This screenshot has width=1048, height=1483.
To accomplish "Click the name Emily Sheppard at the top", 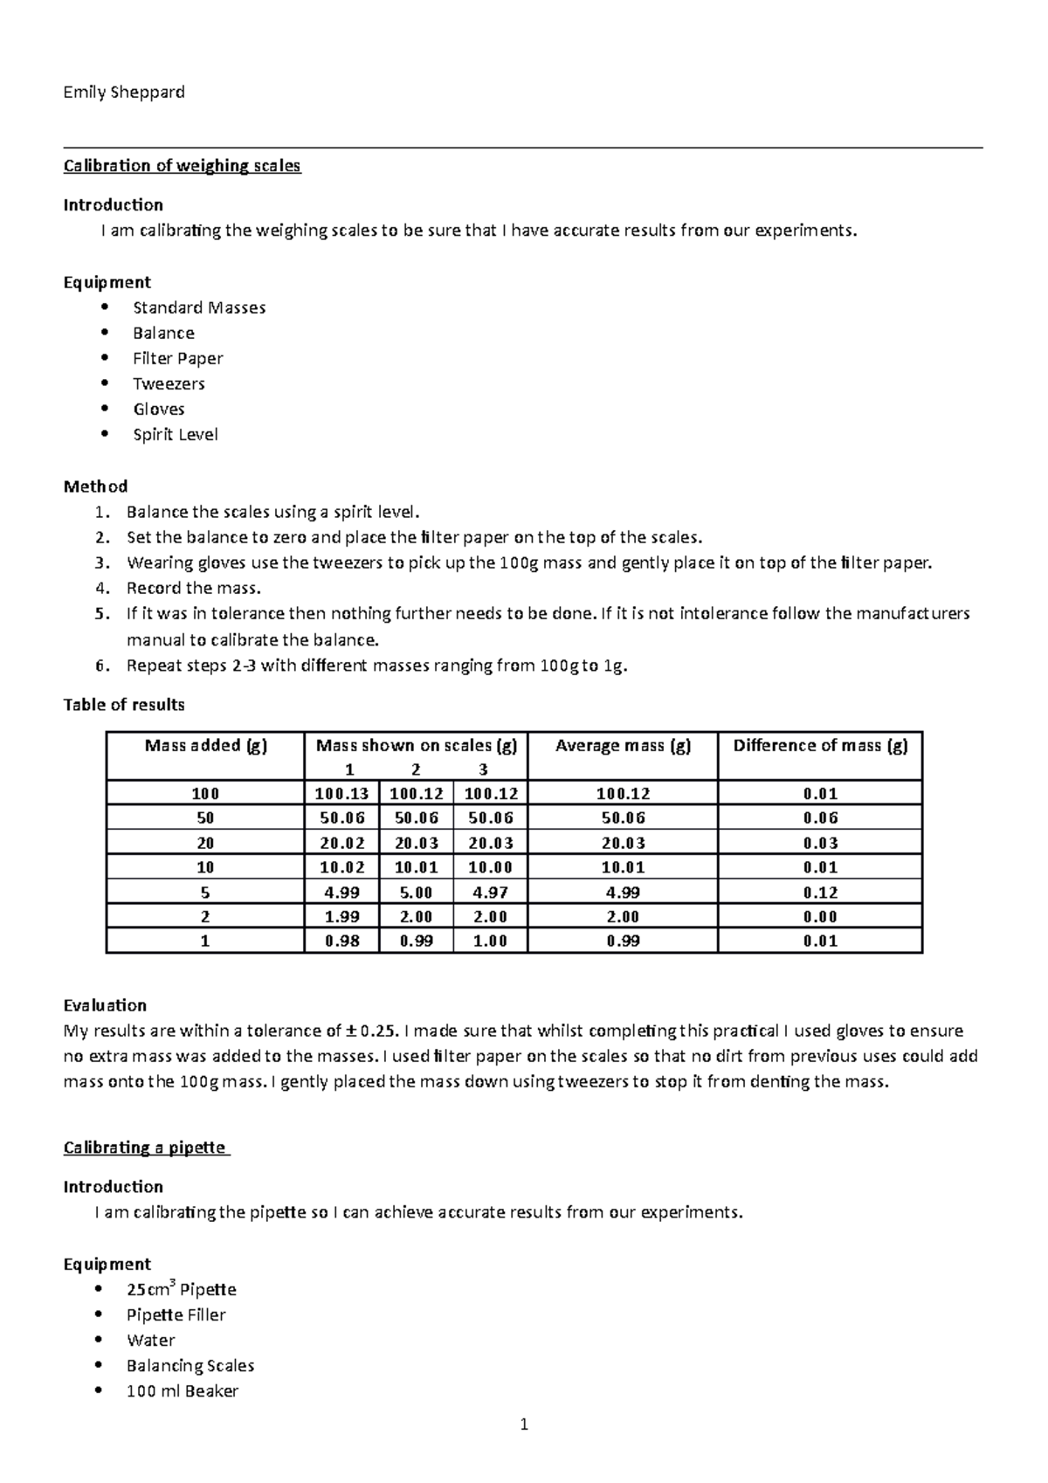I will point(124,92).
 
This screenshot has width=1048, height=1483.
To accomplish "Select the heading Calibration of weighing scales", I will point(182,166).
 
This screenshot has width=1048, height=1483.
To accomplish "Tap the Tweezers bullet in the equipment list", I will point(169,383).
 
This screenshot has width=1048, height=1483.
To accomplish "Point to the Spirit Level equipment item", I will point(175,434).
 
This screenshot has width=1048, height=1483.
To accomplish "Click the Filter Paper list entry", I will point(177,358).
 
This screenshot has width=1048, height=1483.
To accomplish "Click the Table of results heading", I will point(124,704).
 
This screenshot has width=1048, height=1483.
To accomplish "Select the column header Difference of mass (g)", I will point(820,745).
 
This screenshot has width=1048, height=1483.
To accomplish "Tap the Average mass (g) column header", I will point(623,745).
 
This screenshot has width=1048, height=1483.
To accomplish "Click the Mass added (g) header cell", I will point(205,745).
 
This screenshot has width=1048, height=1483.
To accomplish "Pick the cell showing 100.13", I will point(341,794).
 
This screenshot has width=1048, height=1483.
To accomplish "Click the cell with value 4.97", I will point(490,892).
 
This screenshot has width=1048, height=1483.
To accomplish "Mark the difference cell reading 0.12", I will point(820,892).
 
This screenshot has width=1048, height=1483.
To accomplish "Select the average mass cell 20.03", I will point(623,843).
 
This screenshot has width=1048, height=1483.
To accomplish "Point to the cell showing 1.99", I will point(341,916).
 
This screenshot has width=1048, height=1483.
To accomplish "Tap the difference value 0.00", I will point(820,916).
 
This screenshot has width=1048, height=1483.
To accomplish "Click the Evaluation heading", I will point(105,1005).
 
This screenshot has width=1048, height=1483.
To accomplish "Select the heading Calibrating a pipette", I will point(144,1148).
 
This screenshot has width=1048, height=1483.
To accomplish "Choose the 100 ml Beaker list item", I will point(182,1390).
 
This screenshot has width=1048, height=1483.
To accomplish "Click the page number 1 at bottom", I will point(524,1425).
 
